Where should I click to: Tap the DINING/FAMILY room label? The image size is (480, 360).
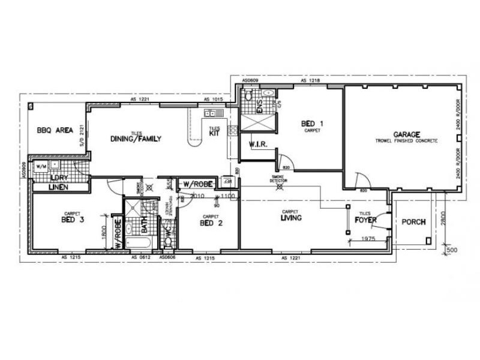[x=136, y=139]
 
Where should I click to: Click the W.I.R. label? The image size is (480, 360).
[x=257, y=145]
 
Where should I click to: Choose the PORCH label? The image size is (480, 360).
[x=413, y=222]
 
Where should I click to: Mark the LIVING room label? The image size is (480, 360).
[x=291, y=218]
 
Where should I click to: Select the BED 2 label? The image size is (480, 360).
[x=211, y=223]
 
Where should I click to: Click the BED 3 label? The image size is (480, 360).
[x=72, y=220]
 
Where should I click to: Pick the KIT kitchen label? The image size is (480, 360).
[x=214, y=134]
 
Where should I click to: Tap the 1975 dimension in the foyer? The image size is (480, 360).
[x=368, y=239]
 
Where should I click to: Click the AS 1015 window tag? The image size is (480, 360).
[x=214, y=99]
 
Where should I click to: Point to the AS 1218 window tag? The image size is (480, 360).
[x=311, y=80]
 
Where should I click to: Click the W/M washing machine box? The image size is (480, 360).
[x=41, y=166]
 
